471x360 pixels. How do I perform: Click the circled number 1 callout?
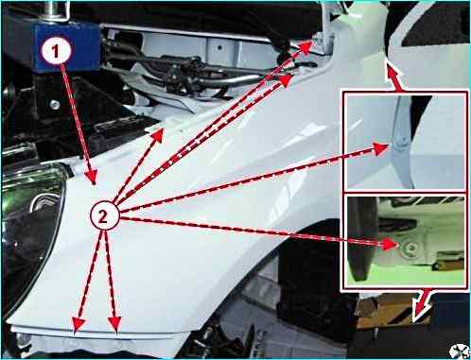(x=55, y=51)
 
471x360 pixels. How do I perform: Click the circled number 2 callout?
(x=104, y=216)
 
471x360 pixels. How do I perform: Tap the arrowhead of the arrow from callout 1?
(x=91, y=177)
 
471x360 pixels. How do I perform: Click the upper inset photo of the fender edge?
(x=404, y=141)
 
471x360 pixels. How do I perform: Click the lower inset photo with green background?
(x=404, y=241)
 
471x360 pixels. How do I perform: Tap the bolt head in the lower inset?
(x=411, y=248)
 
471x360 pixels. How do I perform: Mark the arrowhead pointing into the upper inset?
(x=381, y=148)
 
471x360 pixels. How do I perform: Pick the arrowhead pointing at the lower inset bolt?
(x=390, y=244)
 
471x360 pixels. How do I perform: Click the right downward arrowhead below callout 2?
(x=114, y=324)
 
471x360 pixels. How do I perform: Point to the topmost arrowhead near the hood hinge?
(x=305, y=46)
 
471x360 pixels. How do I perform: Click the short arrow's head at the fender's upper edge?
(x=158, y=134)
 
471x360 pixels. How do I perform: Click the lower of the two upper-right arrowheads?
(x=287, y=80)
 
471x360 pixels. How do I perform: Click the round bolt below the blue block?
(x=55, y=104)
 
